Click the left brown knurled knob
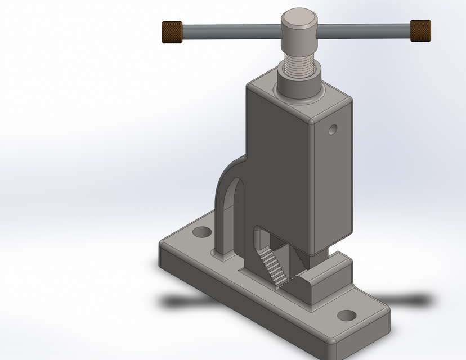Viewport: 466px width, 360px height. pyautogui.click(x=173, y=31)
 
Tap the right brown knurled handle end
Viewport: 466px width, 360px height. pyautogui.click(x=420, y=30)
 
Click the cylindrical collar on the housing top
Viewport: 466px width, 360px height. pyautogui.click(x=299, y=84)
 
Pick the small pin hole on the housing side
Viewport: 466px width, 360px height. pyautogui.click(x=333, y=130)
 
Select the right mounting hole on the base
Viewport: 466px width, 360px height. pyautogui.click(x=347, y=316)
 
